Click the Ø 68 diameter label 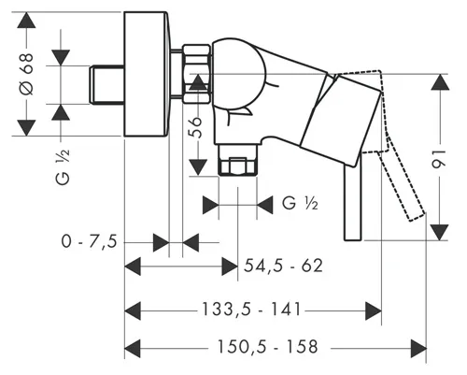tap(26, 74)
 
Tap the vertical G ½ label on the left tap(63, 166)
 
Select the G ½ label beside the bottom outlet tap(300, 204)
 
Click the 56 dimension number tap(196, 127)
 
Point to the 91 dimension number tap(440, 159)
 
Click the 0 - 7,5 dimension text tap(90, 241)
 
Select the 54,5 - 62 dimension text tap(283, 266)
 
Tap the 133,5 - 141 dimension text tap(251, 310)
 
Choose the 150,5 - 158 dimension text tap(267, 347)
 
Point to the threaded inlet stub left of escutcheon tap(106, 84)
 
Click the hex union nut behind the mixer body tap(196, 74)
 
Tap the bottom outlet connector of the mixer tap(237, 160)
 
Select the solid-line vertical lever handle tap(353, 202)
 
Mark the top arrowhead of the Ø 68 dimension tap(26, 21)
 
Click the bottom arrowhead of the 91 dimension tap(440, 232)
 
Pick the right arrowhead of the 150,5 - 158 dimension tap(418, 348)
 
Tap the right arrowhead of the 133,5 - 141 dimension tap(374, 310)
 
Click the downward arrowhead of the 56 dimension tap(198, 167)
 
